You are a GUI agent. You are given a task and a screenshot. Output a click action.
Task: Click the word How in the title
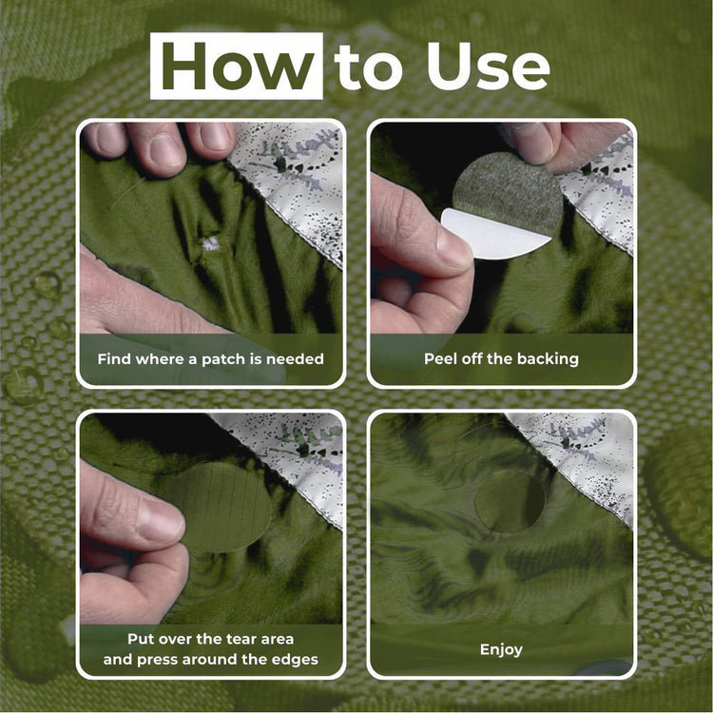pos(237,66)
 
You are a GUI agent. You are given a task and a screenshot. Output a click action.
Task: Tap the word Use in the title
pos(488,67)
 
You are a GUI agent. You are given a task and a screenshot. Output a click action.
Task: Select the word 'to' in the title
pos(368,67)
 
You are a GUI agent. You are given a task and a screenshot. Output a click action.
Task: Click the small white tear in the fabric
pos(211,243)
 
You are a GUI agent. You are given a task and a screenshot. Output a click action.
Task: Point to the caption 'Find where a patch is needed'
pos(210,359)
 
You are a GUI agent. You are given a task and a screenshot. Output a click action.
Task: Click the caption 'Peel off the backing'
pos(501,359)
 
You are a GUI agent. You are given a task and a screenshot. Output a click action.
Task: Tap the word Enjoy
pos(501,650)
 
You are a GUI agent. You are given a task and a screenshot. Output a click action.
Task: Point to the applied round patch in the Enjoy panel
pos(510,501)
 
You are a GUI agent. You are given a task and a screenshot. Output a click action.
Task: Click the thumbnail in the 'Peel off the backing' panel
pos(453,249)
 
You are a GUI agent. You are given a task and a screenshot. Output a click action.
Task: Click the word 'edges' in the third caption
pos(295,660)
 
